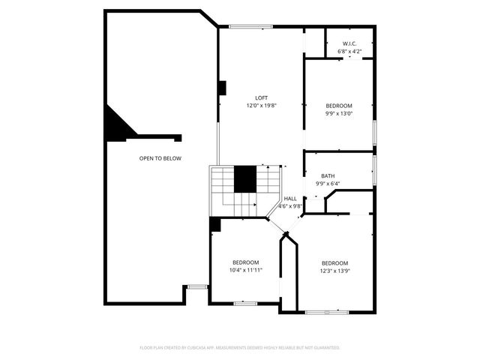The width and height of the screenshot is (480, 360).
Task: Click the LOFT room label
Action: [261, 98]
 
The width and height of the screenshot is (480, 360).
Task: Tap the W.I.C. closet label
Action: [349, 44]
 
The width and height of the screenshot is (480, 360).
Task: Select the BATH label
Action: [328, 175]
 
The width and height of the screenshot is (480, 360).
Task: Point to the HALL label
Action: [290, 199]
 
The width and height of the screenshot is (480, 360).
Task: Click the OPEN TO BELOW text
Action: [160, 158]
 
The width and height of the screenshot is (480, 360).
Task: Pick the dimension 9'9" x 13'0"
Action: [339, 114]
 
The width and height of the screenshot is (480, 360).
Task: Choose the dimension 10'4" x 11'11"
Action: [245, 270]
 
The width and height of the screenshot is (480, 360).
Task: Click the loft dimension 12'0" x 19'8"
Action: [261, 106]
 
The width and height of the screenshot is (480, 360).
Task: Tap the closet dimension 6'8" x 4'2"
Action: [349, 52]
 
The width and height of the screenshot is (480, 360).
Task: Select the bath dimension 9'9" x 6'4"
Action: [328, 183]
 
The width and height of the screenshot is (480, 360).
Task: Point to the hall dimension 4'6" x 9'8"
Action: [290, 206]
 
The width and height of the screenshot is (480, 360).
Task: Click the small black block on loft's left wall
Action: [221, 88]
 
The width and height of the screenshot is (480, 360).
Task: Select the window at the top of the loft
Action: [250, 28]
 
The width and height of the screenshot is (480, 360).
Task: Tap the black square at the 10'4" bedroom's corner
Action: [214, 224]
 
